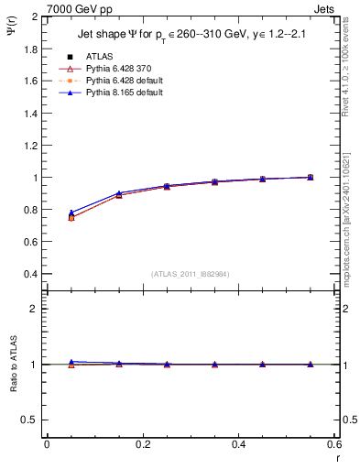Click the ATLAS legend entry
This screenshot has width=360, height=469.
point(98,56)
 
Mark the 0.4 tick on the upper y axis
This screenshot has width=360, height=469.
point(30,274)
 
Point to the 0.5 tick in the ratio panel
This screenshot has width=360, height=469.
point(30,420)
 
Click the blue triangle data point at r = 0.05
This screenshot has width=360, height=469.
point(71,213)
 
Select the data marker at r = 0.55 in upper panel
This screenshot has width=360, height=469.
point(311,177)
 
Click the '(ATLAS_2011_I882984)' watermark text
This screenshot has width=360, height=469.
point(191,274)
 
